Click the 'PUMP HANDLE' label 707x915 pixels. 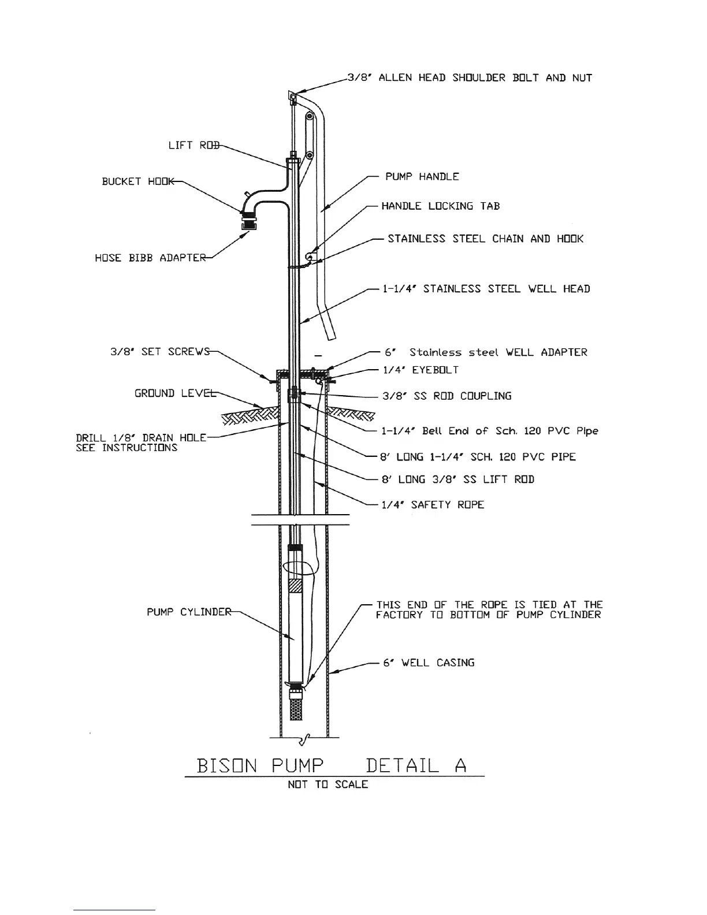click(422, 177)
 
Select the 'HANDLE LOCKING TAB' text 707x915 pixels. click(440, 206)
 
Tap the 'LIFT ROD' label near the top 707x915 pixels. click(194, 145)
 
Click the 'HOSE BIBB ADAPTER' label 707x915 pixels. click(150, 258)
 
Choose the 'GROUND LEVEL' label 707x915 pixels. click(175, 393)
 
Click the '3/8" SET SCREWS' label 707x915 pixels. click(160, 351)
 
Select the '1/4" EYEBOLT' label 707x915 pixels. click(420, 370)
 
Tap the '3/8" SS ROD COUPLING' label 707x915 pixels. click(446, 396)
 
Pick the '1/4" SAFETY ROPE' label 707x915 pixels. click(433, 505)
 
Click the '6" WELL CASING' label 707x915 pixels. click(429, 663)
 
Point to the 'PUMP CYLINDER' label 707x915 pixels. click(189, 612)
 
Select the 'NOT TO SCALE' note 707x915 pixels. click(328, 784)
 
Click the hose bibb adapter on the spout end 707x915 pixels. click(250, 222)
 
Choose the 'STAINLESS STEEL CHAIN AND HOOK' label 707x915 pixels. click(485, 239)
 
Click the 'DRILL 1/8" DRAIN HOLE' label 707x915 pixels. click(141, 438)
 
